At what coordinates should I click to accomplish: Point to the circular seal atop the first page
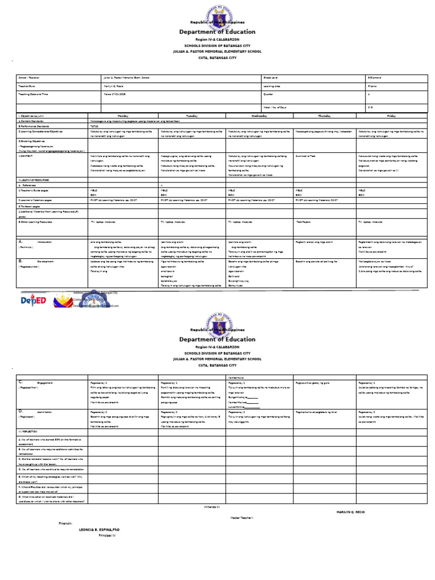tap(217, 15)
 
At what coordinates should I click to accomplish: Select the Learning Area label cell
tap(272, 86)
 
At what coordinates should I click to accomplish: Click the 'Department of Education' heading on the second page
tap(217, 339)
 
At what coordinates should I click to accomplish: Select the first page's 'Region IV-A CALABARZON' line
tap(217, 40)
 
